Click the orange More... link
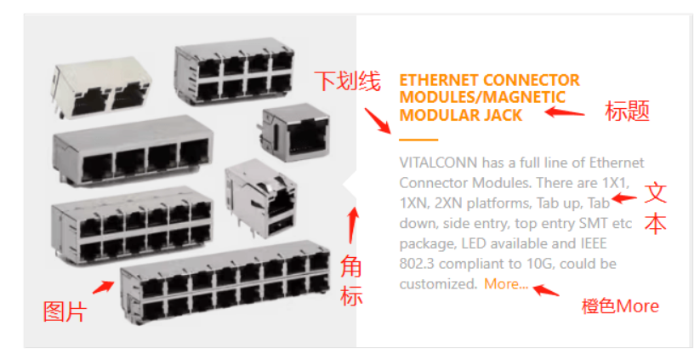tap(506, 283)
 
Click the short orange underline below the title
tap(418, 140)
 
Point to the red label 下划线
tap(347, 82)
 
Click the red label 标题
tap(627, 111)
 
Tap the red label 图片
tap(65, 311)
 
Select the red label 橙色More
tap(620, 307)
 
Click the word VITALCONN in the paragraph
tap(438, 163)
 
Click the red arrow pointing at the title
tap(565, 111)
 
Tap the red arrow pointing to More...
tap(546, 290)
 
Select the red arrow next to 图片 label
tap(103, 287)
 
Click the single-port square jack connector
tap(295, 132)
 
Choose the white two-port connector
tap(103, 87)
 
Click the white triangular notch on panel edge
tap(350, 184)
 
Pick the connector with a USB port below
tap(261, 201)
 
